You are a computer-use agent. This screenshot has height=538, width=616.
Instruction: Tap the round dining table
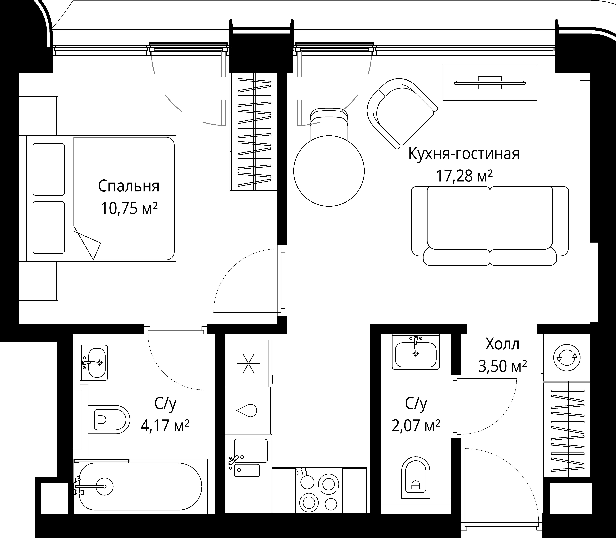329,171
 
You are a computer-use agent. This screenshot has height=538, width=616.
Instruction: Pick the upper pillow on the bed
49,169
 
